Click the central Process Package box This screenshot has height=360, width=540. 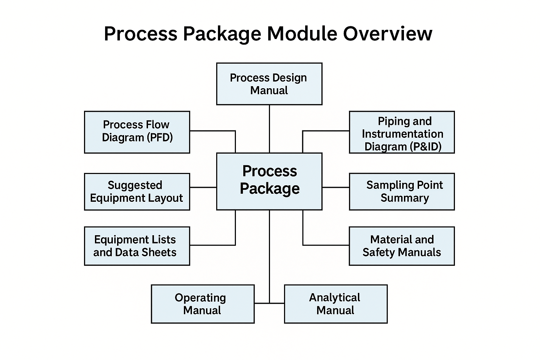point(269,181)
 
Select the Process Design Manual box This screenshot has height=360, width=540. point(269,84)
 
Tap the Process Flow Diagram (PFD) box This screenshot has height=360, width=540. point(137,132)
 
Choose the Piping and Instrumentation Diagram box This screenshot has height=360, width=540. point(402,132)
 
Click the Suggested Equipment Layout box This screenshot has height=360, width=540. point(137,192)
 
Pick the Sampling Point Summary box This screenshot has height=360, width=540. point(402,192)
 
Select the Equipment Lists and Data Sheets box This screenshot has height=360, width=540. point(137,246)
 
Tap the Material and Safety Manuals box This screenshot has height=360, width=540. point(402,246)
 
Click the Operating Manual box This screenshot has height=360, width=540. point(202,304)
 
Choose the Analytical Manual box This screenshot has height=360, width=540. point(336,304)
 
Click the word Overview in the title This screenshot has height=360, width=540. point(387,34)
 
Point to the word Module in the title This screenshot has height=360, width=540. point(302,34)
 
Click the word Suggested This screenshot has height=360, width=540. point(135,185)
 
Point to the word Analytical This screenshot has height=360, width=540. point(335,297)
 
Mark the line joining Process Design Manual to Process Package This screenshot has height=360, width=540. point(269,129)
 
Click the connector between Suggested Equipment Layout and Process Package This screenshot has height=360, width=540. point(203,187)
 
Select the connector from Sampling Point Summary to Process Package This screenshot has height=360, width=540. point(336,187)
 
